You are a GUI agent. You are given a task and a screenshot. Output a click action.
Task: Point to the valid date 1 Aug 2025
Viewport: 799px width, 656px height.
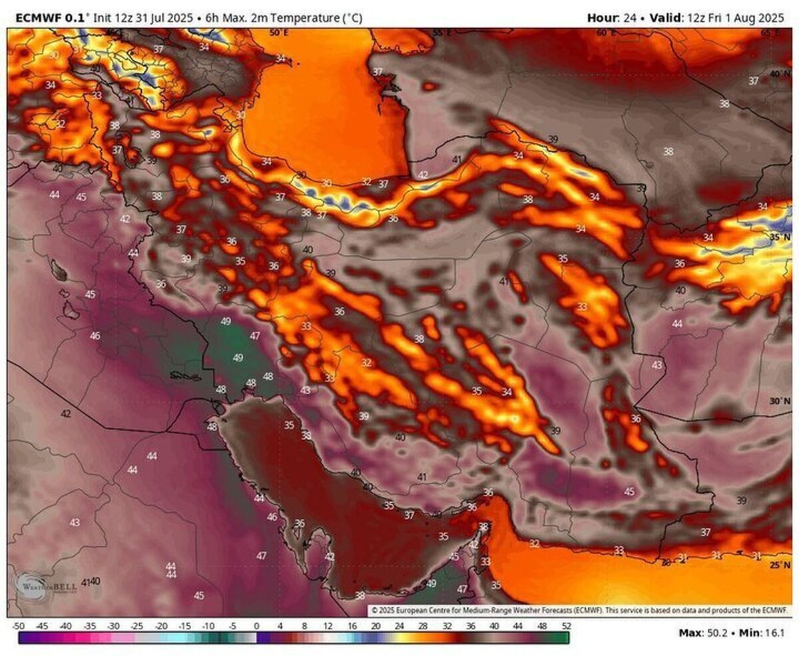(750, 19)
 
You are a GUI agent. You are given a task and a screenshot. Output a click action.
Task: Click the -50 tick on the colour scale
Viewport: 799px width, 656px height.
(19, 626)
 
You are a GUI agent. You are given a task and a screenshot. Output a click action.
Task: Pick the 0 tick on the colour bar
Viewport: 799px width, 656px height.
(256, 626)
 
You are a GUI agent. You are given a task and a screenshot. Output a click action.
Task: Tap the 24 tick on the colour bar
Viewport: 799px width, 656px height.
(399, 626)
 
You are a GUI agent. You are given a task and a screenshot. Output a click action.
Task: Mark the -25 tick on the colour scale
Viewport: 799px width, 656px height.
(137, 626)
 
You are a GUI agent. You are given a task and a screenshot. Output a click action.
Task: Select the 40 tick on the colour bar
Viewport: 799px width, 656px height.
(494, 626)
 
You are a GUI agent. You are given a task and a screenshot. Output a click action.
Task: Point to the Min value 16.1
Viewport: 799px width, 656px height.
(775, 632)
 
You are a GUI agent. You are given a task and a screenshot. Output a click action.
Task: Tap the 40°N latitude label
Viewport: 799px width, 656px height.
(780, 74)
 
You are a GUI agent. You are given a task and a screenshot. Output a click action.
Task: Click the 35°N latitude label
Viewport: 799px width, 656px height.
(780, 236)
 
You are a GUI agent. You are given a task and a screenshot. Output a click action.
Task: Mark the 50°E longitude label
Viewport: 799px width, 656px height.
(278, 32)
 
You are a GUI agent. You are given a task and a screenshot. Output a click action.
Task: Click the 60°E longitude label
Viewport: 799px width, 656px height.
(605, 32)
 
